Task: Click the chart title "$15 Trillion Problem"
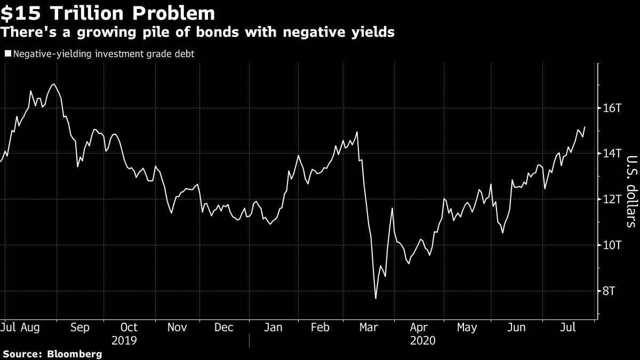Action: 108,13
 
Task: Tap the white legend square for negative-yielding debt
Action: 7,53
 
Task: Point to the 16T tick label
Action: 611,108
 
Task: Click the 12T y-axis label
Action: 611,199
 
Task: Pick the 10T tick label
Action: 611,245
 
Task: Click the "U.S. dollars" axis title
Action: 631,191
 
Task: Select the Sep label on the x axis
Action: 80,327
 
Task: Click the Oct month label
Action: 129,327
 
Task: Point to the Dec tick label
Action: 224,327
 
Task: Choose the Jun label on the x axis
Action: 516,327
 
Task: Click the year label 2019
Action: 125,340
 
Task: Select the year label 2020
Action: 423,340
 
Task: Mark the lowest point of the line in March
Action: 375,298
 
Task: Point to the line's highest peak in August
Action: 53,84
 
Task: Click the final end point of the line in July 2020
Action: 585,127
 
